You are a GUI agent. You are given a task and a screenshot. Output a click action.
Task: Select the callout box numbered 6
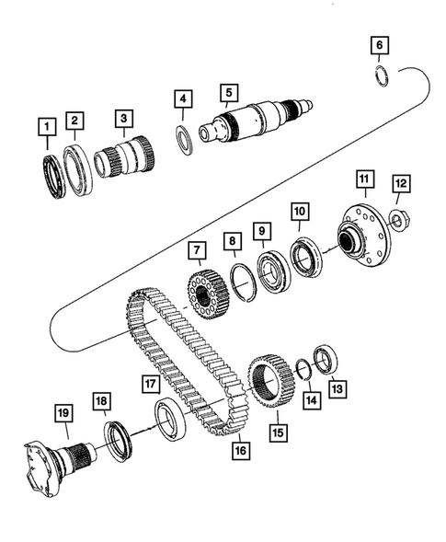click(x=380, y=44)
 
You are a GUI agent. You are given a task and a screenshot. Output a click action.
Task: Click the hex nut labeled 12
click(x=397, y=220)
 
